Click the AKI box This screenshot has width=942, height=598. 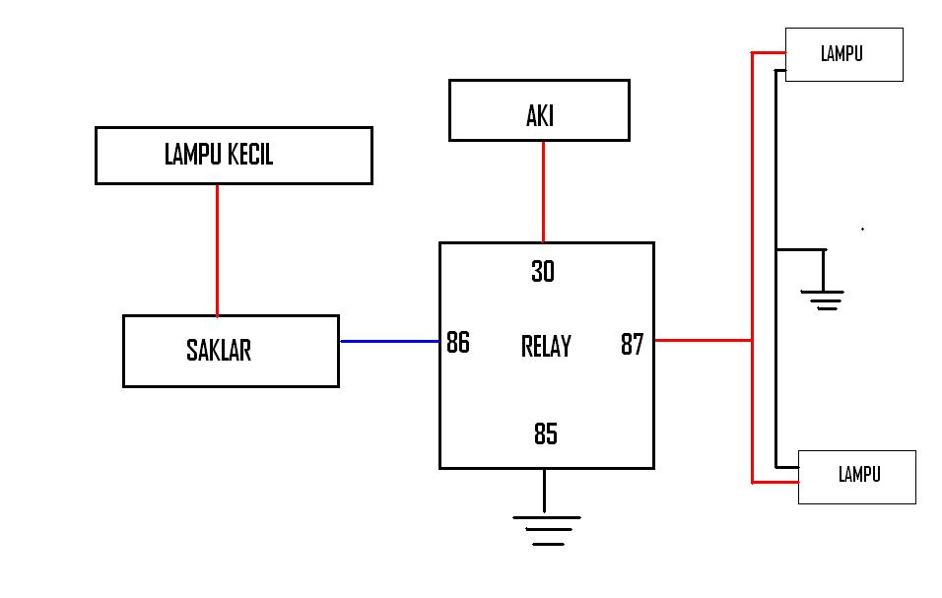(539, 110)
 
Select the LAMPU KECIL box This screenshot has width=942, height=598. (234, 156)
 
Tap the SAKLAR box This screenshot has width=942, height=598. (231, 352)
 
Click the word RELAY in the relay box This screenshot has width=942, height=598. (546, 347)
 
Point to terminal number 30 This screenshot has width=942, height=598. (543, 271)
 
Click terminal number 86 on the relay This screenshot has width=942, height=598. (458, 342)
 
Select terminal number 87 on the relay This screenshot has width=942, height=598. (632, 345)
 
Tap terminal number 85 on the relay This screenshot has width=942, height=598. (546, 433)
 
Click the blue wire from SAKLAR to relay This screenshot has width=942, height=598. (390, 341)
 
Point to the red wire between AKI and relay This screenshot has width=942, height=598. (543, 192)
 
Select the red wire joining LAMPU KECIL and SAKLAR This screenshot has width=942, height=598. (217, 250)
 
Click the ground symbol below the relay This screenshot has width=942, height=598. (547, 531)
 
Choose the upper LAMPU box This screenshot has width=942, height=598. (844, 54)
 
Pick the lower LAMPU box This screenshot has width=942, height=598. (856, 477)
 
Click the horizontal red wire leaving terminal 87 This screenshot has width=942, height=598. (703, 341)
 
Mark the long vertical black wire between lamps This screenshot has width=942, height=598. (775, 268)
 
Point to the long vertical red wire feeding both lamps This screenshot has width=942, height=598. (752, 267)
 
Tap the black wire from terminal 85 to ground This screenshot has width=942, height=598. (544, 491)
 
